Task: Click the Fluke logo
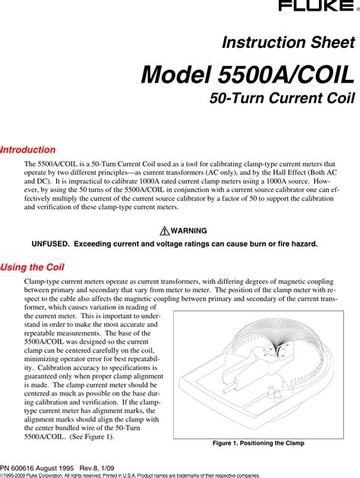(328, 7)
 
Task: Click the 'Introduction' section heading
(28, 150)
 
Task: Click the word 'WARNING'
(188, 231)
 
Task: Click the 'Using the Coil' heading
(32, 268)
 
